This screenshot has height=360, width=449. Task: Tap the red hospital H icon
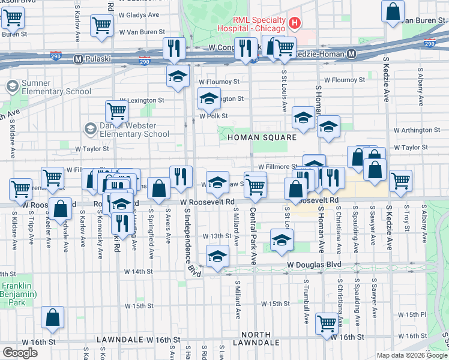tap(294, 23)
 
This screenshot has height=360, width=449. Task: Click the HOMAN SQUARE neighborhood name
tap(262, 137)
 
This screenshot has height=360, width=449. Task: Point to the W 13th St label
tap(216, 236)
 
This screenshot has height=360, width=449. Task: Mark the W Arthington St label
tap(416, 130)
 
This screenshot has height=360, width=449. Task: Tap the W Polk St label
tap(214, 116)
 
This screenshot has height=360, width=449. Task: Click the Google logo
tap(20, 353)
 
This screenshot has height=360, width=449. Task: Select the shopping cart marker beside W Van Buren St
tap(101, 25)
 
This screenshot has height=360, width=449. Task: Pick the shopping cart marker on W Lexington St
tap(116, 110)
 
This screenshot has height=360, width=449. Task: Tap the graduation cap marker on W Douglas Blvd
tap(217, 256)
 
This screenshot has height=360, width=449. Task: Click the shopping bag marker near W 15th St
tap(53, 317)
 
